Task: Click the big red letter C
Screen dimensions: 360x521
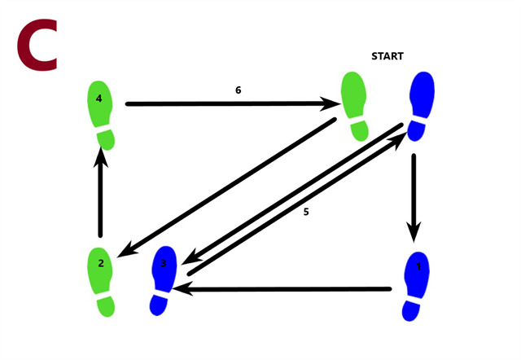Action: coord(37,46)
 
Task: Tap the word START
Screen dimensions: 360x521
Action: coord(388,57)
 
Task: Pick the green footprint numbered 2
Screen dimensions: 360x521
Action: coord(102,279)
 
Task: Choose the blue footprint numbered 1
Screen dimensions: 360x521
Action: coord(418,285)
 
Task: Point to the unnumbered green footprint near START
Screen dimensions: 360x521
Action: coord(354,104)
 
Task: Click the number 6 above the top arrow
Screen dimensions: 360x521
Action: coord(238,90)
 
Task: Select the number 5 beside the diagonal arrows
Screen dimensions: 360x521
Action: coord(306,212)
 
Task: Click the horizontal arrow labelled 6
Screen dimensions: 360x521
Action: coord(228,104)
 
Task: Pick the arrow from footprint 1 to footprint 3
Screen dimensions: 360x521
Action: coord(285,288)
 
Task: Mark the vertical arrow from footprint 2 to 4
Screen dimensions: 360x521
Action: coord(101,195)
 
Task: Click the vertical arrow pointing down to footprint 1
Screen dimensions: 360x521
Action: coord(414,195)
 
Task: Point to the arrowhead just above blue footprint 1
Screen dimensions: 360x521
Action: coord(414,234)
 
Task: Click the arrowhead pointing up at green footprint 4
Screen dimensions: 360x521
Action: coord(101,161)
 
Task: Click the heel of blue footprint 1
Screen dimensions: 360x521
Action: coord(415,310)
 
